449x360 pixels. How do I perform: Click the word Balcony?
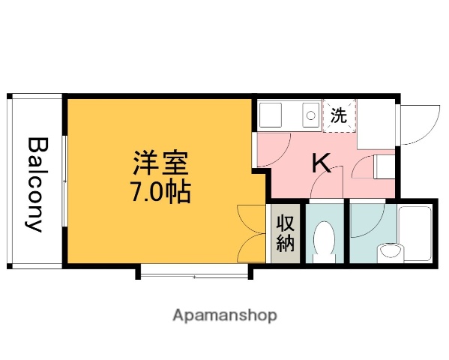(x=36, y=184)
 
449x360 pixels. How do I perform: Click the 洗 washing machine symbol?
(x=339, y=115)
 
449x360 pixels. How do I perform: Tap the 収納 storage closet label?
(x=286, y=232)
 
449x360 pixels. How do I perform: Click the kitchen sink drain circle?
(x=309, y=115)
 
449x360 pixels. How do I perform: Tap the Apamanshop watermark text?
(x=225, y=315)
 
